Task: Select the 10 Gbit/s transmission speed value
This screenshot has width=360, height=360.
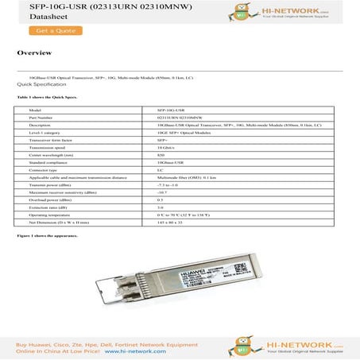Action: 168,147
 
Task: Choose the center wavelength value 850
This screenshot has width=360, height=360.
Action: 161,155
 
